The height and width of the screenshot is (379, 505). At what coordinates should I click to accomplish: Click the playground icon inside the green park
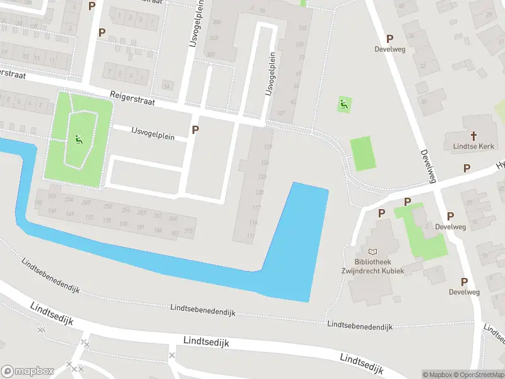(78, 139)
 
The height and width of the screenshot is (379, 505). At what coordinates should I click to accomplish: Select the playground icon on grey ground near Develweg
(343, 104)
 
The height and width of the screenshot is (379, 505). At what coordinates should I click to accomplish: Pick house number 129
(268, 147)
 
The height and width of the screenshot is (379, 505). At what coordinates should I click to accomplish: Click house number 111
(251, 236)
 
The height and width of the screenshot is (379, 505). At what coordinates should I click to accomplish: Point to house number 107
(282, 114)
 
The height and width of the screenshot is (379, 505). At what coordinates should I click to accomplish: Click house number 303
(213, 38)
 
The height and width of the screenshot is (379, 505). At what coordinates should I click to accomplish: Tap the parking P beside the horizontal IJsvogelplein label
(195, 129)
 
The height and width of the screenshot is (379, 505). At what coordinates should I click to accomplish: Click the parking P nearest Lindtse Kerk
(466, 168)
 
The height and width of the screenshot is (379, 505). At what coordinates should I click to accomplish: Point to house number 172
(90, 218)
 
